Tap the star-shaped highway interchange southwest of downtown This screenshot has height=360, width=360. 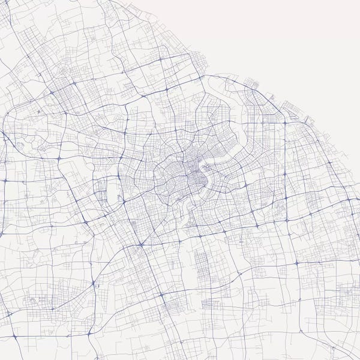[141, 245]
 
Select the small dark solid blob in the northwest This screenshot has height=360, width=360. [40, 112]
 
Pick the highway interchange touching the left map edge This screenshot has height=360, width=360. [2, 180]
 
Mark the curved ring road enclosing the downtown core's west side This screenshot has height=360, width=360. [157, 180]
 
